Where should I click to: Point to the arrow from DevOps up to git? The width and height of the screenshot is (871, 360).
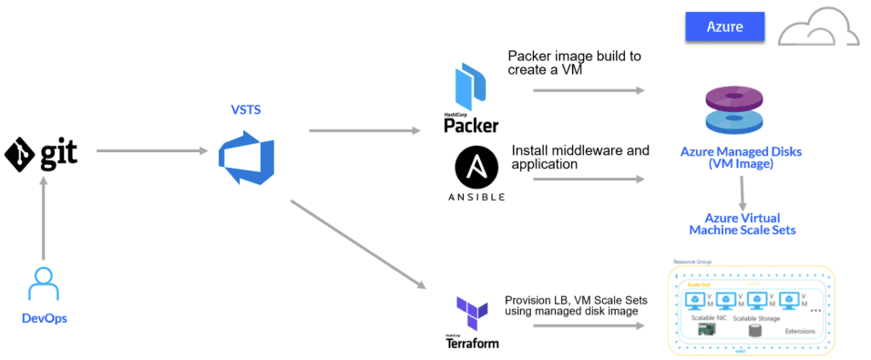click(x=43, y=220)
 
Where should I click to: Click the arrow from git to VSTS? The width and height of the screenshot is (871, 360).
click(x=149, y=150)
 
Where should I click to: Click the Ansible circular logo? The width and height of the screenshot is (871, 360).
click(x=476, y=170)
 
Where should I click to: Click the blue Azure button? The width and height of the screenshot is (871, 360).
click(x=723, y=27)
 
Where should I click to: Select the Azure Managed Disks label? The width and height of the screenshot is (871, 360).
click(x=741, y=158)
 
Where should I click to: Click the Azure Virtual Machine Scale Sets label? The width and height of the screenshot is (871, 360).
click(x=742, y=223)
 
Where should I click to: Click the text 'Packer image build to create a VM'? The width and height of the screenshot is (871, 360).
click(x=574, y=63)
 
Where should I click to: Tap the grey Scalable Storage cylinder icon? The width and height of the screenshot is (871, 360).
click(x=755, y=331)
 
